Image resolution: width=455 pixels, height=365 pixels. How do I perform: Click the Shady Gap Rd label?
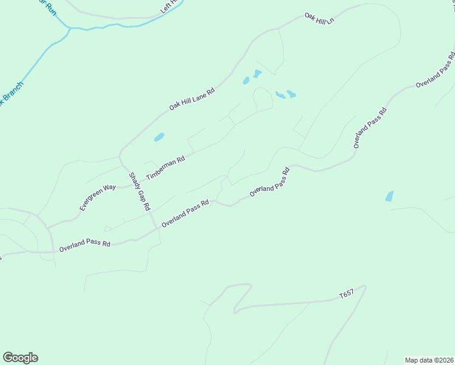139,191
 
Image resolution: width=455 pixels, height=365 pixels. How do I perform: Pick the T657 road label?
346,295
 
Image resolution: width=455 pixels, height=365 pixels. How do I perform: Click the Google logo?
20,358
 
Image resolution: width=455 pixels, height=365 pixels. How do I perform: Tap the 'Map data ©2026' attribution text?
429,360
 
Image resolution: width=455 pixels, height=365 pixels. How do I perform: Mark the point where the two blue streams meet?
69,28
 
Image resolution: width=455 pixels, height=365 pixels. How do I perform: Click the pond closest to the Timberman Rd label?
159,137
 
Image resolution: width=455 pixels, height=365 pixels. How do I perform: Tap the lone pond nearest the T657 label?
389,196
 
